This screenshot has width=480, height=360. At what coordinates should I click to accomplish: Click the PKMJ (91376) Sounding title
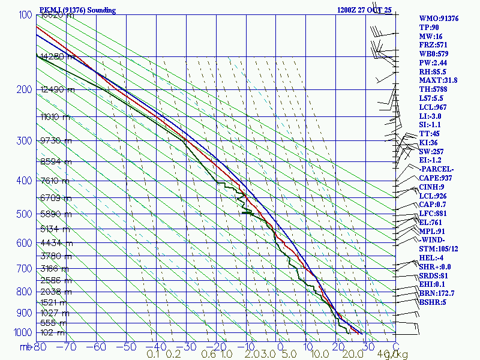point(77,10)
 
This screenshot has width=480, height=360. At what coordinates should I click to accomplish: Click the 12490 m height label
point(58,90)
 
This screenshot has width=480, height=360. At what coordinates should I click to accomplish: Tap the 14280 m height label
point(58,57)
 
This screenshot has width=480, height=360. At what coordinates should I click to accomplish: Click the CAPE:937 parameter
point(435,178)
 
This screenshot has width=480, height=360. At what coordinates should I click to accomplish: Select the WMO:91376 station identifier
point(439,19)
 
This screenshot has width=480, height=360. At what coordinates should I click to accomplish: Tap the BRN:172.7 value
point(437,293)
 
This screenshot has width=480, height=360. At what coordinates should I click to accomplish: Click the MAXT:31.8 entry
point(438,80)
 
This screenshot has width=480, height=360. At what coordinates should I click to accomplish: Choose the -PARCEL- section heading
point(437,169)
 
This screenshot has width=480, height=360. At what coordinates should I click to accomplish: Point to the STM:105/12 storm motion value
point(439,249)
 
